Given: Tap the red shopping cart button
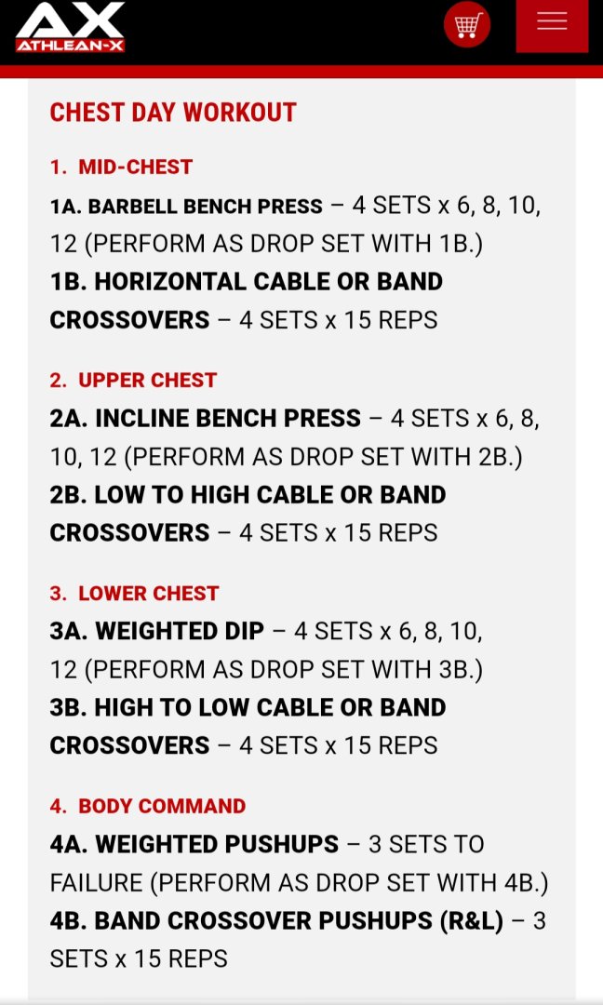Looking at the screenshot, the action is (467, 25).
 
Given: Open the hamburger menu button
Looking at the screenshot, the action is (552, 26).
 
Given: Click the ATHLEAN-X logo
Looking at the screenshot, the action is (71, 26).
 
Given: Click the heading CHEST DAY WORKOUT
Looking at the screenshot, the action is (173, 113).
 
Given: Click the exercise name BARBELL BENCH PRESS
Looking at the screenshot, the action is (205, 207).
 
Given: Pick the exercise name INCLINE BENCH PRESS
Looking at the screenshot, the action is (228, 419).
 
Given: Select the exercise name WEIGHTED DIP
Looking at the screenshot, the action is (180, 631).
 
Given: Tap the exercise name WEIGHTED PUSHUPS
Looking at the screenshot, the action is (217, 844).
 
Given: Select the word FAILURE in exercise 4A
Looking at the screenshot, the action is (96, 882).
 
